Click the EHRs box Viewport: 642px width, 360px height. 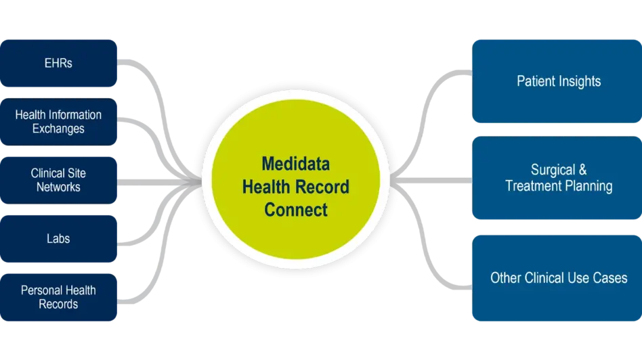click(59, 63)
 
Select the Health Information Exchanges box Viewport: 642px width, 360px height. click(59, 122)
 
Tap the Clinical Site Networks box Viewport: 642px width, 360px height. click(59, 180)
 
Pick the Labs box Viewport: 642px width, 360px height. click(59, 238)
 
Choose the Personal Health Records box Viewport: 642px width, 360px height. click(59, 297)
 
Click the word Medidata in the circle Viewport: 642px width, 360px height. click(296, 164)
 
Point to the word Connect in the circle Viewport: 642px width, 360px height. click(296, 210)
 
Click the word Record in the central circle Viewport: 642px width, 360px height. click(324, 187)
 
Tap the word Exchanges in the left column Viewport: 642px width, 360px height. click(59, 129)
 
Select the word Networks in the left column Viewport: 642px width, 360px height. click(59, 187)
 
